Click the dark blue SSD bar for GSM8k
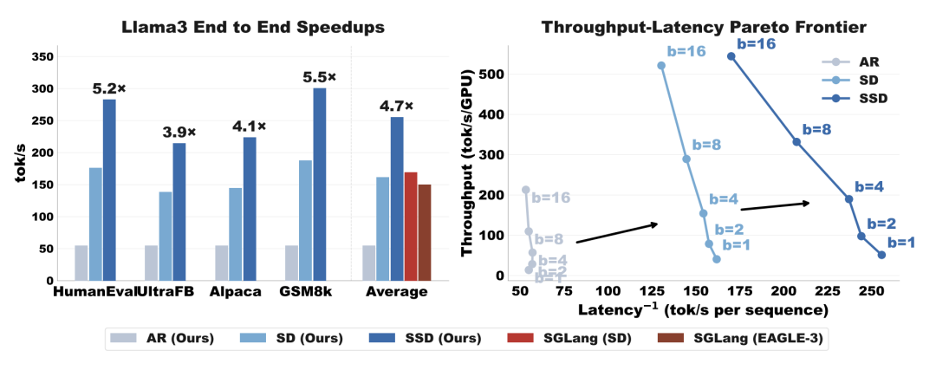[x=320, y=185]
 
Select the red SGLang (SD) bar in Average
[x=411, y=226]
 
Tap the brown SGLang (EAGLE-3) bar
[x=425, y=232]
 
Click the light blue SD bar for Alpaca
[x=236, y=234]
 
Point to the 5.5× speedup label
[x=320, y=77]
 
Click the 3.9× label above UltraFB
[x=179, y=133]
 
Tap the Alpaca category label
[x=236, y=292]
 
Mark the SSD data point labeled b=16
[x=731, y=56]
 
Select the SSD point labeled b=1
[x=881, y=255]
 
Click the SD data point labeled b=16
[x=661, y=66]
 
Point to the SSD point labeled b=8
[x=796, y=141]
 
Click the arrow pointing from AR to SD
[x=617, y=232]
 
